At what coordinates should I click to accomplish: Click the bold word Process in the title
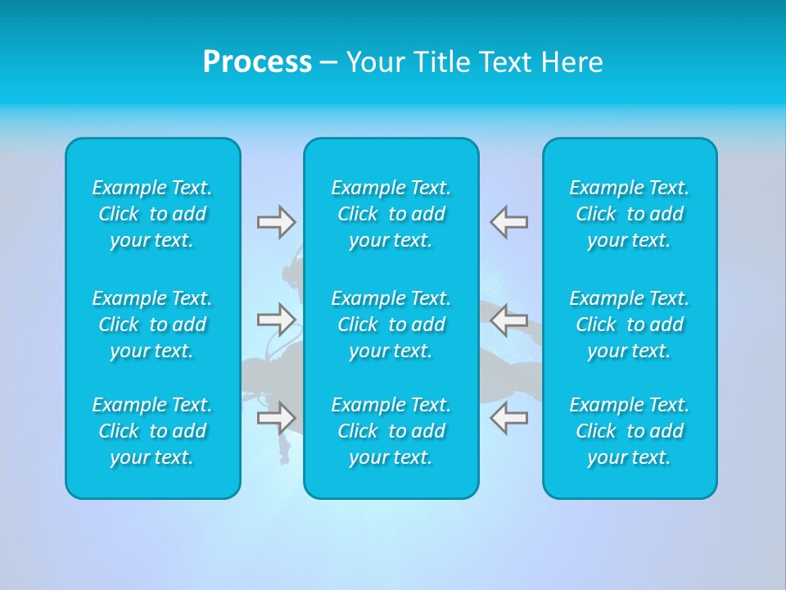257,62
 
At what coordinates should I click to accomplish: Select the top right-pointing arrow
276,221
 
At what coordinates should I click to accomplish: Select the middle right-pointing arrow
276,319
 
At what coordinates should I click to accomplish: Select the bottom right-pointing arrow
276,417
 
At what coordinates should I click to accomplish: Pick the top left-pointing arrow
509,221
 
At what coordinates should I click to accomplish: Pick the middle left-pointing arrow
509,319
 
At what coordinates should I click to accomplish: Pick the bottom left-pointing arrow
509,417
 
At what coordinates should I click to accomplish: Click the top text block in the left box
152,214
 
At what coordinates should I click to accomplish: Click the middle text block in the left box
152,324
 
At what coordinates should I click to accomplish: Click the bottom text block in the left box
152,431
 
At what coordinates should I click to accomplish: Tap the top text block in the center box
391,214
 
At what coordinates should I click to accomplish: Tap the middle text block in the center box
391,324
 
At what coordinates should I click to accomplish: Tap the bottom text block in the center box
391,431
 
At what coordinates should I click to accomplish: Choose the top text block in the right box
630,214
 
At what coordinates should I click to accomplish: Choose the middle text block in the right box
630,324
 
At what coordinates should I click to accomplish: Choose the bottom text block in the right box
630,431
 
